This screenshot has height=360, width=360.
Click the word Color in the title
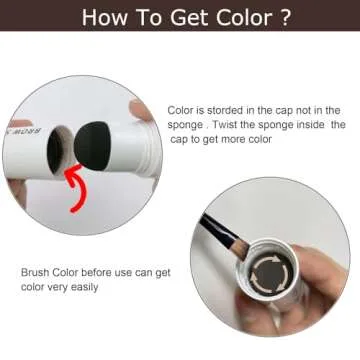pyautogui.click(x=243, y=17)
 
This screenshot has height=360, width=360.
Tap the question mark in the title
pyautogui.click(x=284, y=17)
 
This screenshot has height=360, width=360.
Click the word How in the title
pyautogui.click(x=102, y=17)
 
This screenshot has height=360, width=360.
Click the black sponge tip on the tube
pyautogui.click(x=92, y=146)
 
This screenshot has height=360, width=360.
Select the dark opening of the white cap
pyautogui.click(x=55, y=149)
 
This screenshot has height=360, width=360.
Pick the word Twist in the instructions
pyautogui.click(x=225, y=125)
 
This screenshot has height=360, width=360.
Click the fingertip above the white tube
pyautogui.click(x=141, y=109)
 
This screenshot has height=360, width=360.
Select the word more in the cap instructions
pyautogui.click(x=236, y=139)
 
